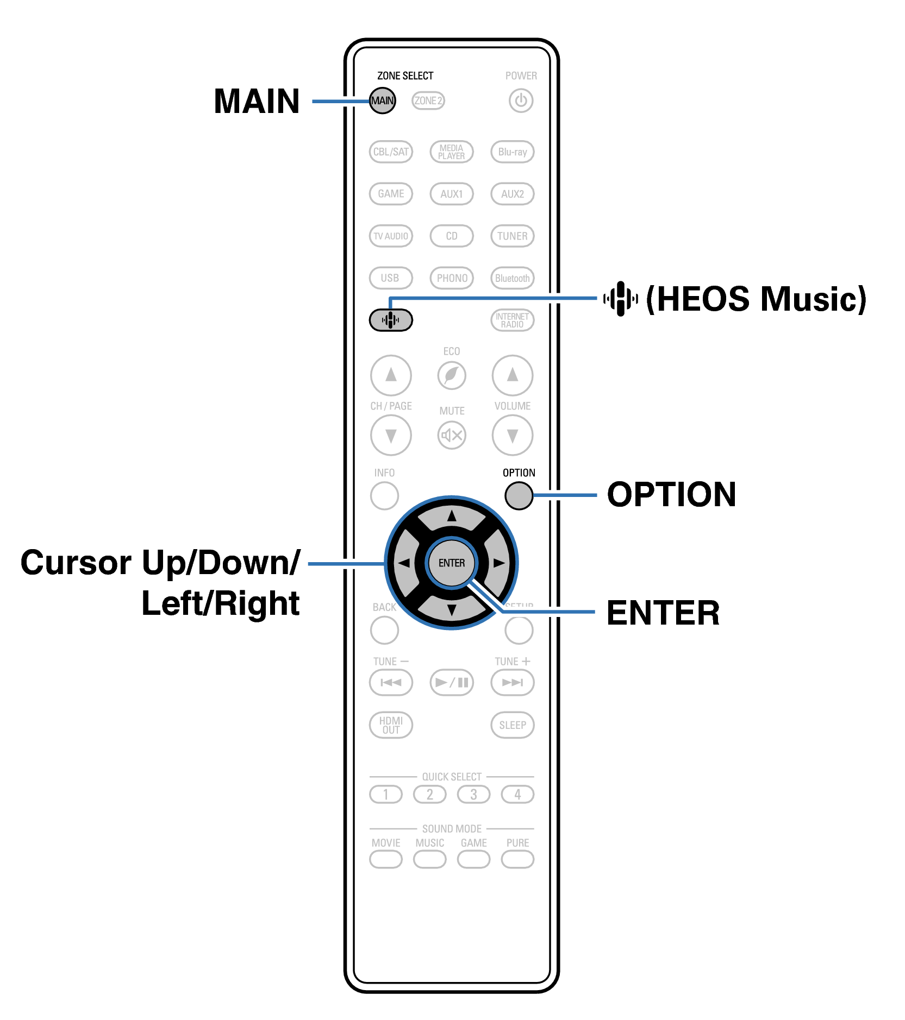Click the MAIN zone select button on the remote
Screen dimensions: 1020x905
click(x=382, y=100)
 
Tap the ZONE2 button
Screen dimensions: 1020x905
click(x=428, y=100)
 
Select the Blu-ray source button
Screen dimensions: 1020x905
click(x=512, y=152)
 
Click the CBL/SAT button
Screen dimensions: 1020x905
click(x=391, y=152)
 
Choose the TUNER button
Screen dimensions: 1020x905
click(x=512, y=236)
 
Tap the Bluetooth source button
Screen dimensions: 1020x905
click(x=512, y=278)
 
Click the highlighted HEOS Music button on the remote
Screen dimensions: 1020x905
click(x=391, y=320)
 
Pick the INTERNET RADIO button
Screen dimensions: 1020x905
click(x=512, y=320)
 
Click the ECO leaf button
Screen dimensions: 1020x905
click(x=452, y=375)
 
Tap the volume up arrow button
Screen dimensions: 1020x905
click(x=512, y=375)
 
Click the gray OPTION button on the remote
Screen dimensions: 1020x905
click(x=519, y=495)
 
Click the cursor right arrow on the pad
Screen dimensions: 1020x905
click(x=499, y=563)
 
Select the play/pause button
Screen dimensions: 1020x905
click(x=452, y=682)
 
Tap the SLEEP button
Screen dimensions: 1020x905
click(x=512, y=725)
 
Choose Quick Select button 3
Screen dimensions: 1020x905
click(x=473, y=795)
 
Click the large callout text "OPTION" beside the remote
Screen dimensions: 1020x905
click(x=671, y=494)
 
